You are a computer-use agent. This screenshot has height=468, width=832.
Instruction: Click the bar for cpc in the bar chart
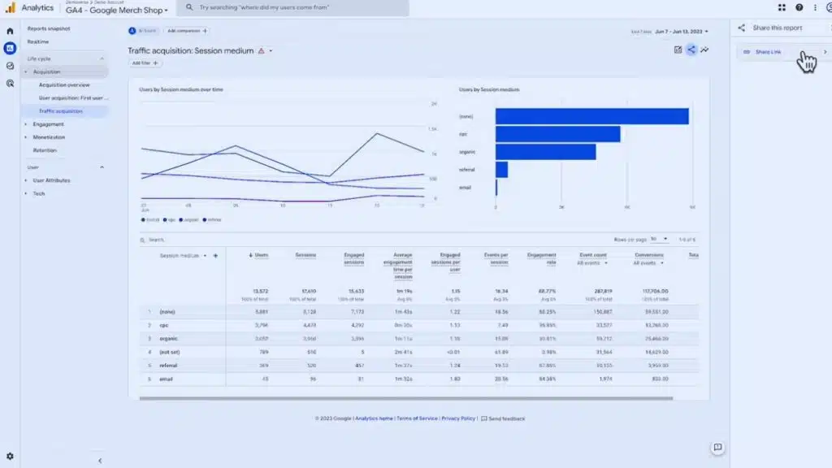(x=557, y=134)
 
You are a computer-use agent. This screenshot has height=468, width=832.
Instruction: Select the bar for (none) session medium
(x=591, y=116)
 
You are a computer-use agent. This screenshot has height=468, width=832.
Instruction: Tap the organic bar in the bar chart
(x=545, y=152)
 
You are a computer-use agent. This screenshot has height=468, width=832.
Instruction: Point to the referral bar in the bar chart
(x=501, y=169)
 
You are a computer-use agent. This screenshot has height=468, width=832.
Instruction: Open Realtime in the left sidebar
(x=37, y=41)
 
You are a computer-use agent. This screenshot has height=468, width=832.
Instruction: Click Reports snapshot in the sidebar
(x=49, y=28)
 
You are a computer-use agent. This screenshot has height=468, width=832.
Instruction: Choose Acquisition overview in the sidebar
(x=64, y=84)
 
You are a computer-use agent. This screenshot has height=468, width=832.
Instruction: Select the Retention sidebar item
(x=45, y=150)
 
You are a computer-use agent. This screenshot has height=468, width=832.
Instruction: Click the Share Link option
(x=768, y=52)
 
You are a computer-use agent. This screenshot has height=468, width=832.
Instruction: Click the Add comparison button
(x=187, y=31)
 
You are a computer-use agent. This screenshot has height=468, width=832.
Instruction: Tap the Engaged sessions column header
(x=354, y=258)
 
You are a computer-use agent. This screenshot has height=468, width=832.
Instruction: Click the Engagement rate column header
(x=542, y=258)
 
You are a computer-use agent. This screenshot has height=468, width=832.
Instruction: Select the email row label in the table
(x=167, y=379)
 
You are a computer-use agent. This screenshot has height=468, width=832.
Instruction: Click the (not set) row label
(x=171, y=352)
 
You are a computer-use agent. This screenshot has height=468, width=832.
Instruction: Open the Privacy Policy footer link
(x=458, y=418)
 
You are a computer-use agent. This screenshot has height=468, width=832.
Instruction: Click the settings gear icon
(x=10, y=457)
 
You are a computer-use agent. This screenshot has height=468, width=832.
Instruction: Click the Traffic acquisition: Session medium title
(x=191, y=50)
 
